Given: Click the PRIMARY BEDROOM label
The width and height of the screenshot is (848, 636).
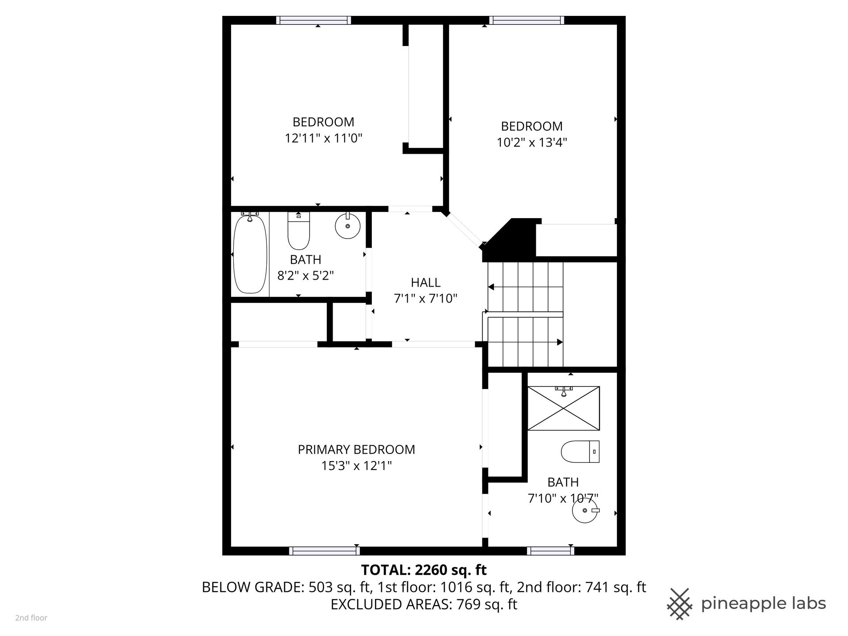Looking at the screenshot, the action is click(x=356, y=450).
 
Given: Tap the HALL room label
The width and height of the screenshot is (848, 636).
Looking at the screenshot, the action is click(x=426, y=282).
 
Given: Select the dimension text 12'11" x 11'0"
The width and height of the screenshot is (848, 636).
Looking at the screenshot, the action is click(x=323, y=138).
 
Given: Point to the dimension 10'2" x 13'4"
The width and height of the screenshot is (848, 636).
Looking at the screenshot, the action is click(x=532, y=142).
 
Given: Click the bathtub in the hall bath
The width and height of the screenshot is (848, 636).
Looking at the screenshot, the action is click(x=250, y=254).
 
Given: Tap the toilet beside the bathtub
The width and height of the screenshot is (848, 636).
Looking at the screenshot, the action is click(x=299, y=231).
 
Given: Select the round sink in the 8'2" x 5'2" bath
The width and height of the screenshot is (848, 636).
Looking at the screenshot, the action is click(x=348, y=226).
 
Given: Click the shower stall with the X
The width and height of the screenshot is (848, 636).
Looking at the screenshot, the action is click(x=564, y=408).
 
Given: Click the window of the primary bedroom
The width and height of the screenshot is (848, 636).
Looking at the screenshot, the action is click(x=324, y=551).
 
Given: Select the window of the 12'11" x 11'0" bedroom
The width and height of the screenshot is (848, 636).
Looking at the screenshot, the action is click(x=314, y=20).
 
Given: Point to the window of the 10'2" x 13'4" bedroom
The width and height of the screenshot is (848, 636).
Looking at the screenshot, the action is click(x=527, y=20).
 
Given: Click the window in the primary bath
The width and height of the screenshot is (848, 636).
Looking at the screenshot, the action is click(x=550, y=551).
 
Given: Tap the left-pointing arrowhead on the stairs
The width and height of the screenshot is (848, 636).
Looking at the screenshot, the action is click(x=491, y=288).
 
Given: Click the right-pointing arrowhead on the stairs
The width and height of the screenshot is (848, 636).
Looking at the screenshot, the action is click(x=560, y=342).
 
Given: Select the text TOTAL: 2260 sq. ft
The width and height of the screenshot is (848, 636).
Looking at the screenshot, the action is click(x=424, y=570).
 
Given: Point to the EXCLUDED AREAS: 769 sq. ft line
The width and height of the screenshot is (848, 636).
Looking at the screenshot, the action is click(x=424, y=604).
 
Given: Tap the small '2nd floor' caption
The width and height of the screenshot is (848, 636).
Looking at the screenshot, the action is click(x=31, y=618).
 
